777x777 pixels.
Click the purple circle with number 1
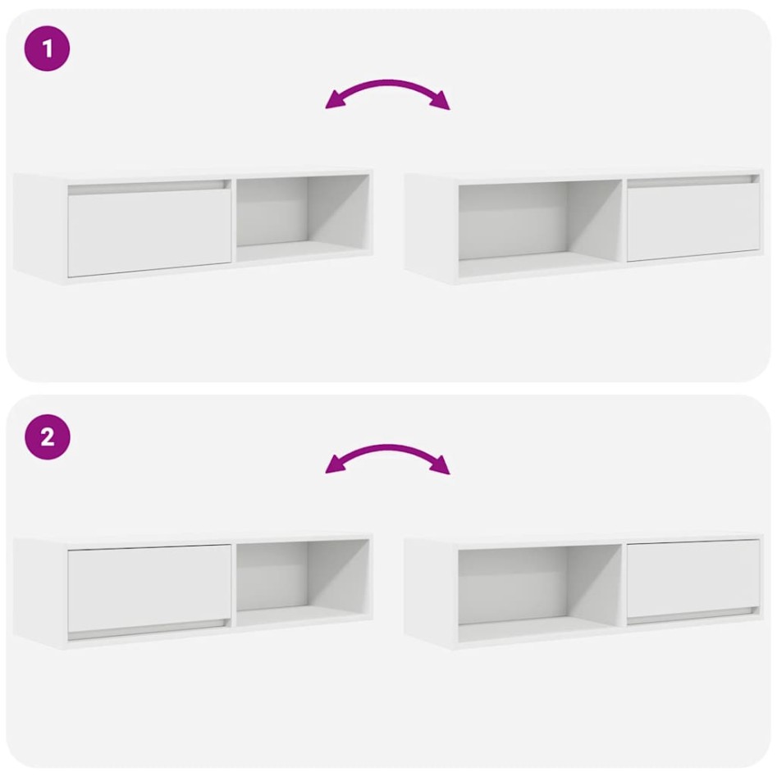point(48,48)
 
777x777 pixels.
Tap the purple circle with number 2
point(48,436)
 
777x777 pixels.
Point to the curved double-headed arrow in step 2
point(388,451)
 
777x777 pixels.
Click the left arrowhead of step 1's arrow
point(334,102)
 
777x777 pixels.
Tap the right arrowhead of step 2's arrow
point(441,468)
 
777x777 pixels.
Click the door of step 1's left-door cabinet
point(149,233)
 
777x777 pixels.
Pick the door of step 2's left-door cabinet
point(149,588)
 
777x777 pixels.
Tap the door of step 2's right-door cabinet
point(693,578)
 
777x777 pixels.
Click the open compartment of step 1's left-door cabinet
point(302,215)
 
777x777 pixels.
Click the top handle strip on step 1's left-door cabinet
point(148,188)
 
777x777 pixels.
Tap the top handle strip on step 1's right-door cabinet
point(693,181)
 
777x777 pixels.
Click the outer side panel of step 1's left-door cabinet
point(39,227)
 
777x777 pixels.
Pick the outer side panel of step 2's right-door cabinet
point(431,591)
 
